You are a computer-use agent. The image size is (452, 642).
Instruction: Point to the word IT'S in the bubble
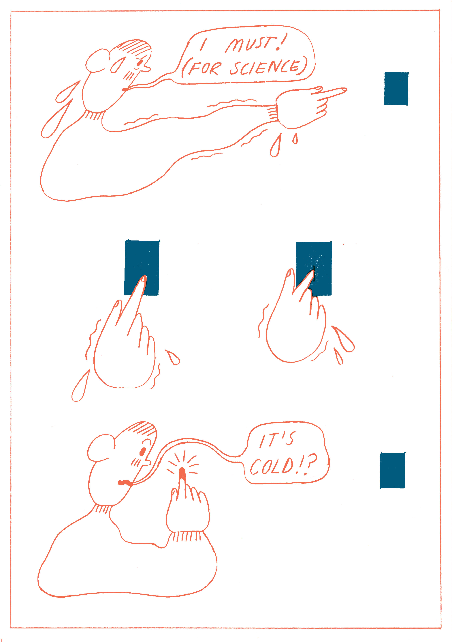click(x=277, y=440)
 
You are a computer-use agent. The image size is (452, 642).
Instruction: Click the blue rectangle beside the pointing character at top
click(x=396, y=89)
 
